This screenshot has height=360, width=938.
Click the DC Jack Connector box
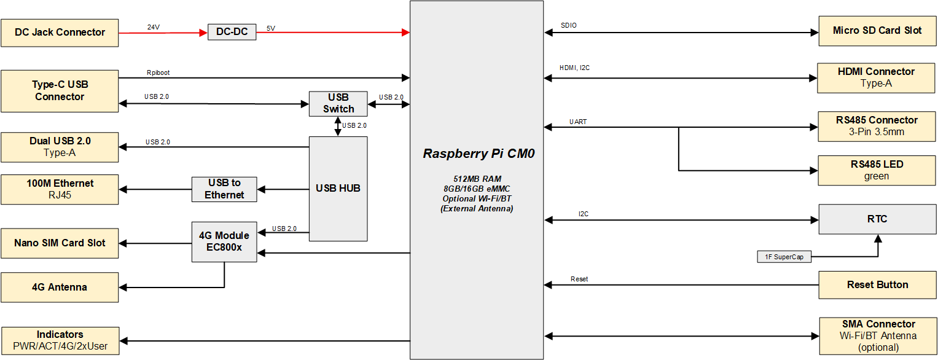pyautogui.click(x=60, y=33)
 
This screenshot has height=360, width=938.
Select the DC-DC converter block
pyautogui.click(x=232, y=32)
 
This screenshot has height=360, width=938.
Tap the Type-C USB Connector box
pyautogui.click(x=60, y=91)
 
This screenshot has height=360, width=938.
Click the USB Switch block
pyautogui.click(x=338, y=104)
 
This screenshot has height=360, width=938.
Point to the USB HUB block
pyautogui.click(x=338, y=188)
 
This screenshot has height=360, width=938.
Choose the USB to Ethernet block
pyautogui.click(x=224, y=189)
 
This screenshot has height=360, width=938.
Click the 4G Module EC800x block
pyautogui.click(x=224, y=241)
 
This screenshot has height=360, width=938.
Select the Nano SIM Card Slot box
pyautogui.click(x=60, y=243)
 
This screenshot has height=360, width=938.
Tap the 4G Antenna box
pyautogui.click(x=60, y=288)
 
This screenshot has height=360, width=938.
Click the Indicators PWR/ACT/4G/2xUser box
pyautogui.click(x=60, y=340)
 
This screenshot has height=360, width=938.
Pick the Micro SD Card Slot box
pyautogui.click(x=877, y=31)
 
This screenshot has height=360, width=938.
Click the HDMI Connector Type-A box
pyautogui.click(x=876, y=77)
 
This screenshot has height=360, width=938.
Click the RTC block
pyautogui.click(x=877, y=219)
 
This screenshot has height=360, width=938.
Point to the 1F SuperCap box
pyautogui.click(x=784, y=257)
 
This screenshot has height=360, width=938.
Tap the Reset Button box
pyautogui.click(x=877, y=285)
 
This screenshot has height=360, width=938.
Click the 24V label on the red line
pyautogui.click(x=153, y=27)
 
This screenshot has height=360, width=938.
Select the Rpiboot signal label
pyautogui.click(x=158, y=72)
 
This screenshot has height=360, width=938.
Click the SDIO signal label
pyautogui.click(x=568, y=26)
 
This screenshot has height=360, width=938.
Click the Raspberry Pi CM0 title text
pyautogui.click(x=479, y=154)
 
